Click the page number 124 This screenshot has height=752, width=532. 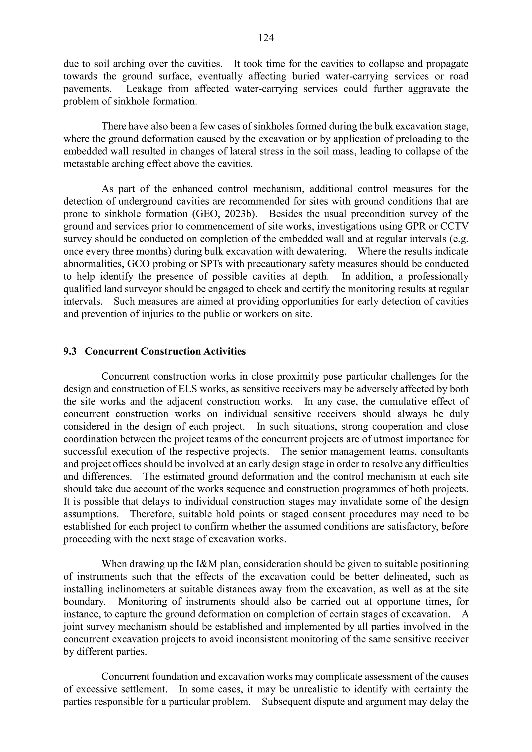266,38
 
